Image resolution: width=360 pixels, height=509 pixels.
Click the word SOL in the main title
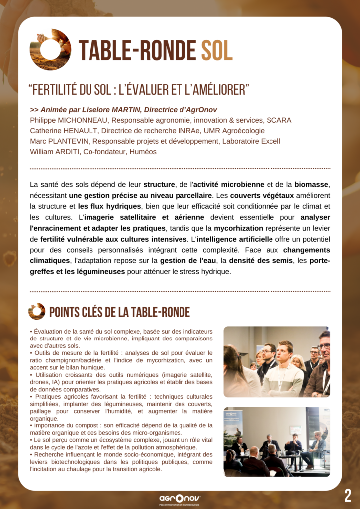tap(217, 50)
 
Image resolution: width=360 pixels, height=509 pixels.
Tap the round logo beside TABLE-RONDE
tap(50, 50)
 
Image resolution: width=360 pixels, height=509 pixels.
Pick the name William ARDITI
tap(56, 152)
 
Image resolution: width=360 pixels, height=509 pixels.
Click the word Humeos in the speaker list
tap(143, 152)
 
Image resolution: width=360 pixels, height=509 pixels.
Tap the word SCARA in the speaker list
tap(278, 120)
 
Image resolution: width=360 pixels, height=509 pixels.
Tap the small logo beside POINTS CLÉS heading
tap(37, 312)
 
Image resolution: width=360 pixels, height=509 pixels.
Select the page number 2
tap(348, 495)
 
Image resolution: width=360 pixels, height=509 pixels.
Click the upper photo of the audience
tap(276, 361)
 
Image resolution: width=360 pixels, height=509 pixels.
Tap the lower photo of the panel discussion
tap(276, 442)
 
